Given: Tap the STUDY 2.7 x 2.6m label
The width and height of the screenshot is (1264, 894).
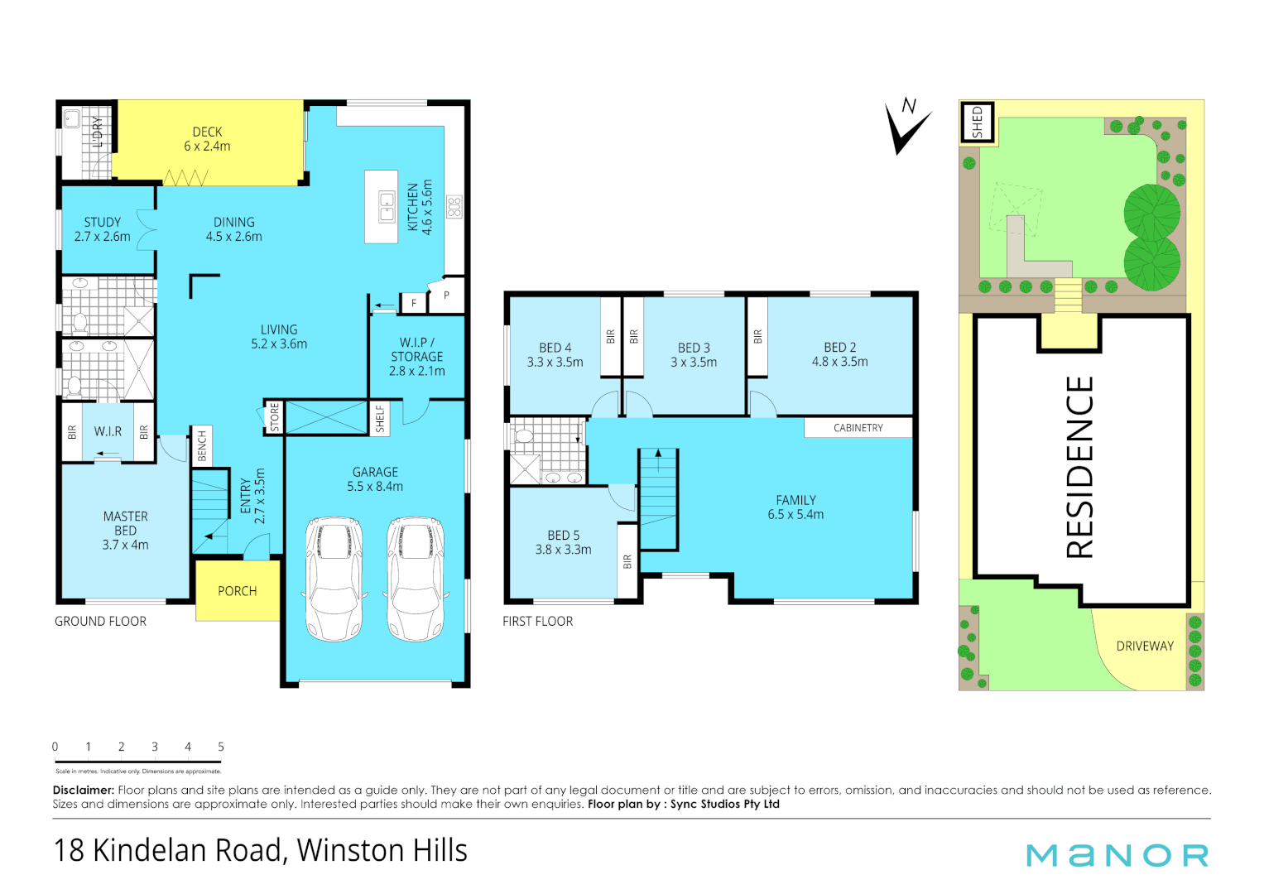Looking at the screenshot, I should [102, 229].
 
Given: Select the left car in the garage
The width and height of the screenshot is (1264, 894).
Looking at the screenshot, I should [334, 579].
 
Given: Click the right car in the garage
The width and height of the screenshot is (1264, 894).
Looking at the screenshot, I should [416, 579].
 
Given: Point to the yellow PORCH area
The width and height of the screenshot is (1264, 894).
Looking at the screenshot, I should [237, 591].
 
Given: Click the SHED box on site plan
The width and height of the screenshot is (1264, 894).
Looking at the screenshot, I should [977, 122].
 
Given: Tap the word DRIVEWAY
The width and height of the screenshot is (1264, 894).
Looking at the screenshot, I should [1145, 646].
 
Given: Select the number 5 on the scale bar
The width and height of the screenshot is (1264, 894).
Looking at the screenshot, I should [221, 747].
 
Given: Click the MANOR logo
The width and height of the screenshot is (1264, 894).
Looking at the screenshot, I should [1117, 855].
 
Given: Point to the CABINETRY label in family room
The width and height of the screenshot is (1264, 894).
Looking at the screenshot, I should [858, 428].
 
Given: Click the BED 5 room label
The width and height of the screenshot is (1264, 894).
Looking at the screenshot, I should [563, 542].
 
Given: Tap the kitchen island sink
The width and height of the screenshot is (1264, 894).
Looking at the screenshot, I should [387, 207].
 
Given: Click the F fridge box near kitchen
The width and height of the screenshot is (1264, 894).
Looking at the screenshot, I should [414, 303].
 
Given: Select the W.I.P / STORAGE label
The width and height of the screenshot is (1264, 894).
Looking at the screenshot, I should [417, 357].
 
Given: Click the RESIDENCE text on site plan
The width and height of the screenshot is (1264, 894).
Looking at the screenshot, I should [1080, 467].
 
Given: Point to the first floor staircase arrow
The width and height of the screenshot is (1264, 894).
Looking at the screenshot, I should [658, 454].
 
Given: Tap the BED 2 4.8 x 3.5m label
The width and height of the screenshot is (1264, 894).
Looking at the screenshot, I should [839, 354].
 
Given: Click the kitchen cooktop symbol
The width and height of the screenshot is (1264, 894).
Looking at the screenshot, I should [454, 207].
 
